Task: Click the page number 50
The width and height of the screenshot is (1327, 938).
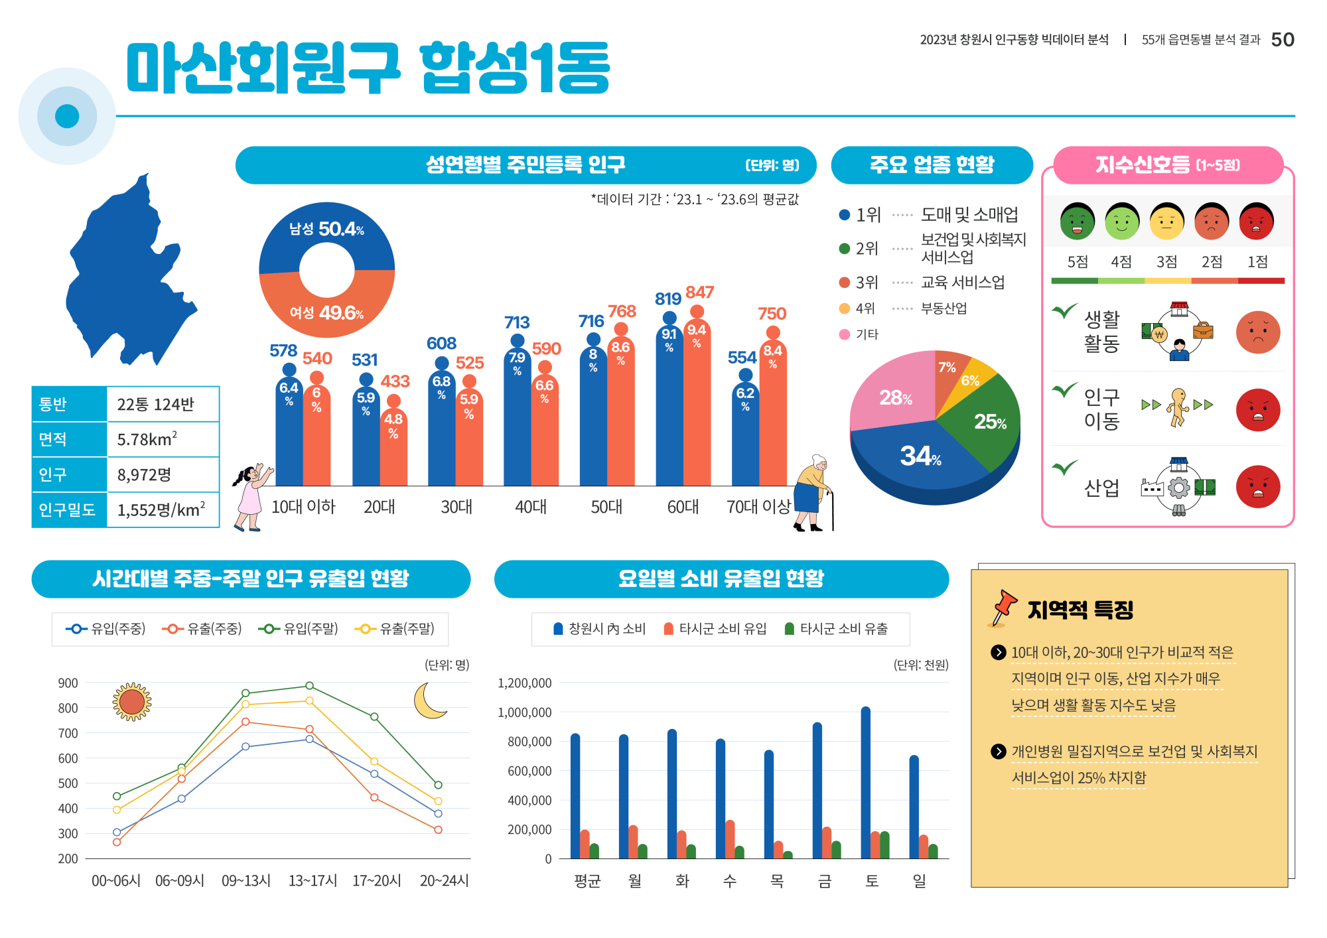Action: (1282, 40)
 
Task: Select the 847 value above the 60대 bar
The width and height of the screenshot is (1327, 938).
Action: (699, 292)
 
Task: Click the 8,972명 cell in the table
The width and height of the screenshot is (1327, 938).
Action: (144, 474)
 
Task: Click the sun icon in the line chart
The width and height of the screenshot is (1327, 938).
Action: (132, 701)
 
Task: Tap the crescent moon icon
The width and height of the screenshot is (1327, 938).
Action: (429, 701)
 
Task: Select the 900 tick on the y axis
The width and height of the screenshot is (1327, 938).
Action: (68, 683)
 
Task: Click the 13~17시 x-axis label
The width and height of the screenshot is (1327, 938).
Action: (313, 881)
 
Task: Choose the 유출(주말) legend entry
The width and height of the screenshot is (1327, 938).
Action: (395, 628)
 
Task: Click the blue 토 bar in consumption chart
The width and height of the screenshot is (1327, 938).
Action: (865, 783)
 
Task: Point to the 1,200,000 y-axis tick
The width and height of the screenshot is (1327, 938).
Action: (524, 683)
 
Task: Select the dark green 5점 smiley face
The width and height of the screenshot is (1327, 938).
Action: (1077, 222)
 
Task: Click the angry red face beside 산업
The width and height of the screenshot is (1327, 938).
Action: (1257, 487)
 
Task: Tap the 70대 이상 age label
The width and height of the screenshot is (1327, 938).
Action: (758, 507)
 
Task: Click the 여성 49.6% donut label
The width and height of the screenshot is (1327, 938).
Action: (326, 312)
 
